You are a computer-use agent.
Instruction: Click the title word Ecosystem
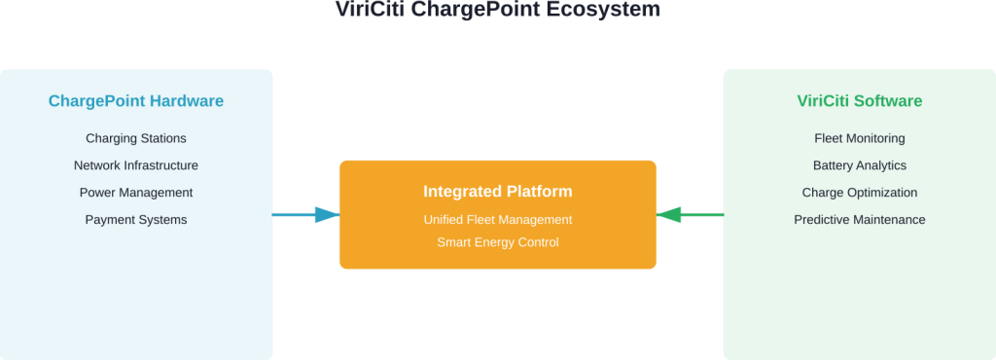pyautogui.click(x=612, y=10)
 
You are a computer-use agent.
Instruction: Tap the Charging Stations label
pyautogui.click(x=136, y=138)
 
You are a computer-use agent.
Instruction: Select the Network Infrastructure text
pyautogui.click(x=136, y=165)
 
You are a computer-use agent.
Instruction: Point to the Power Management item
pyautogui.click(x=136, y=193)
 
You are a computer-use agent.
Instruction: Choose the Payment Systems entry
pyautogui.click(x=136, y=220)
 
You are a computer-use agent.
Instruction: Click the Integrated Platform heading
pyautogui.click(x=498, y=192)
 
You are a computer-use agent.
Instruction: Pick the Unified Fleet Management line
pyautogui.click(x=498, y=220)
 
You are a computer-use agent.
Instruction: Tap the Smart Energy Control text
pyautogui.click(x=498, y=242)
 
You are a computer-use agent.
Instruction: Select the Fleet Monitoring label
pyautogui.click(x=859, y=138)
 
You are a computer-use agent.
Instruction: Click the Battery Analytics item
pyautogui.click(x=859, y=165)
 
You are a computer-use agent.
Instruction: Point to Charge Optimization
pyautogui.click(x=859, y=193)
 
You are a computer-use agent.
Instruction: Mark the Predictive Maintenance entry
pyautogui.click(x=859, y=220)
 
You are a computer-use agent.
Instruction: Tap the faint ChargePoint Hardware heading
pyautogui.click(x=136, y=101)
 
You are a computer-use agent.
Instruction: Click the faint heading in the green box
pyautogui.click(x=859, y=101)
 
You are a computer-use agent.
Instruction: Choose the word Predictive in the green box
pyautogui.click(x=822, y=220)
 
